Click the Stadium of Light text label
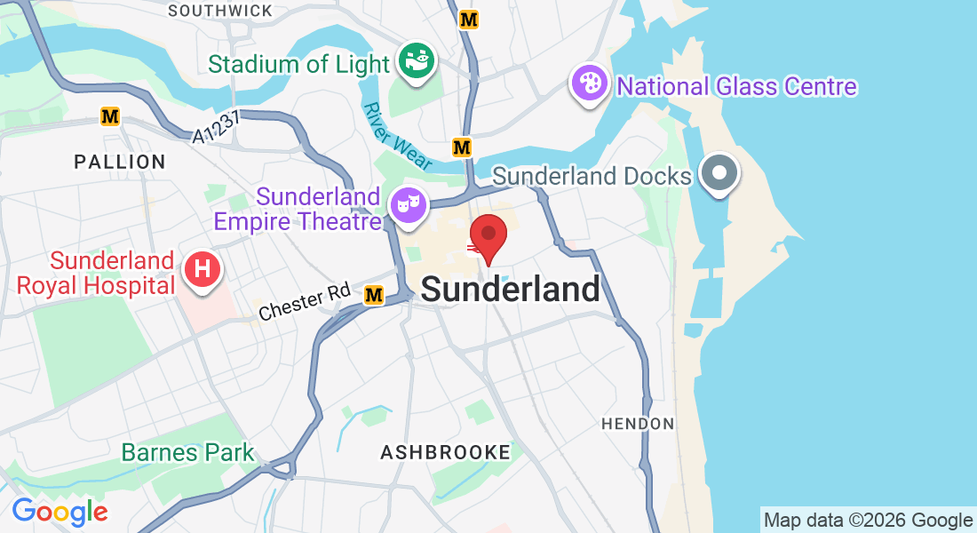point(298,65)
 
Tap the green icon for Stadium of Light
point(416,60)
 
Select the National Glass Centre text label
point(736,86)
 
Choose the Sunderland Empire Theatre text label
point(318,208)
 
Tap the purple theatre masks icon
point(409,204)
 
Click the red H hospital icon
point(202,267)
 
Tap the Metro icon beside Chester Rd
point(374,295)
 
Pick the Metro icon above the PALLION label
point(110,116)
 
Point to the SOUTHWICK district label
point(220,11)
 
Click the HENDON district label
point(638,424)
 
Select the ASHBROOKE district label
point(445,453)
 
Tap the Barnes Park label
point(187,452)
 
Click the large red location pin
point(488,235)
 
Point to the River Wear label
point(398,136)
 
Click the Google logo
point(60,512)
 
